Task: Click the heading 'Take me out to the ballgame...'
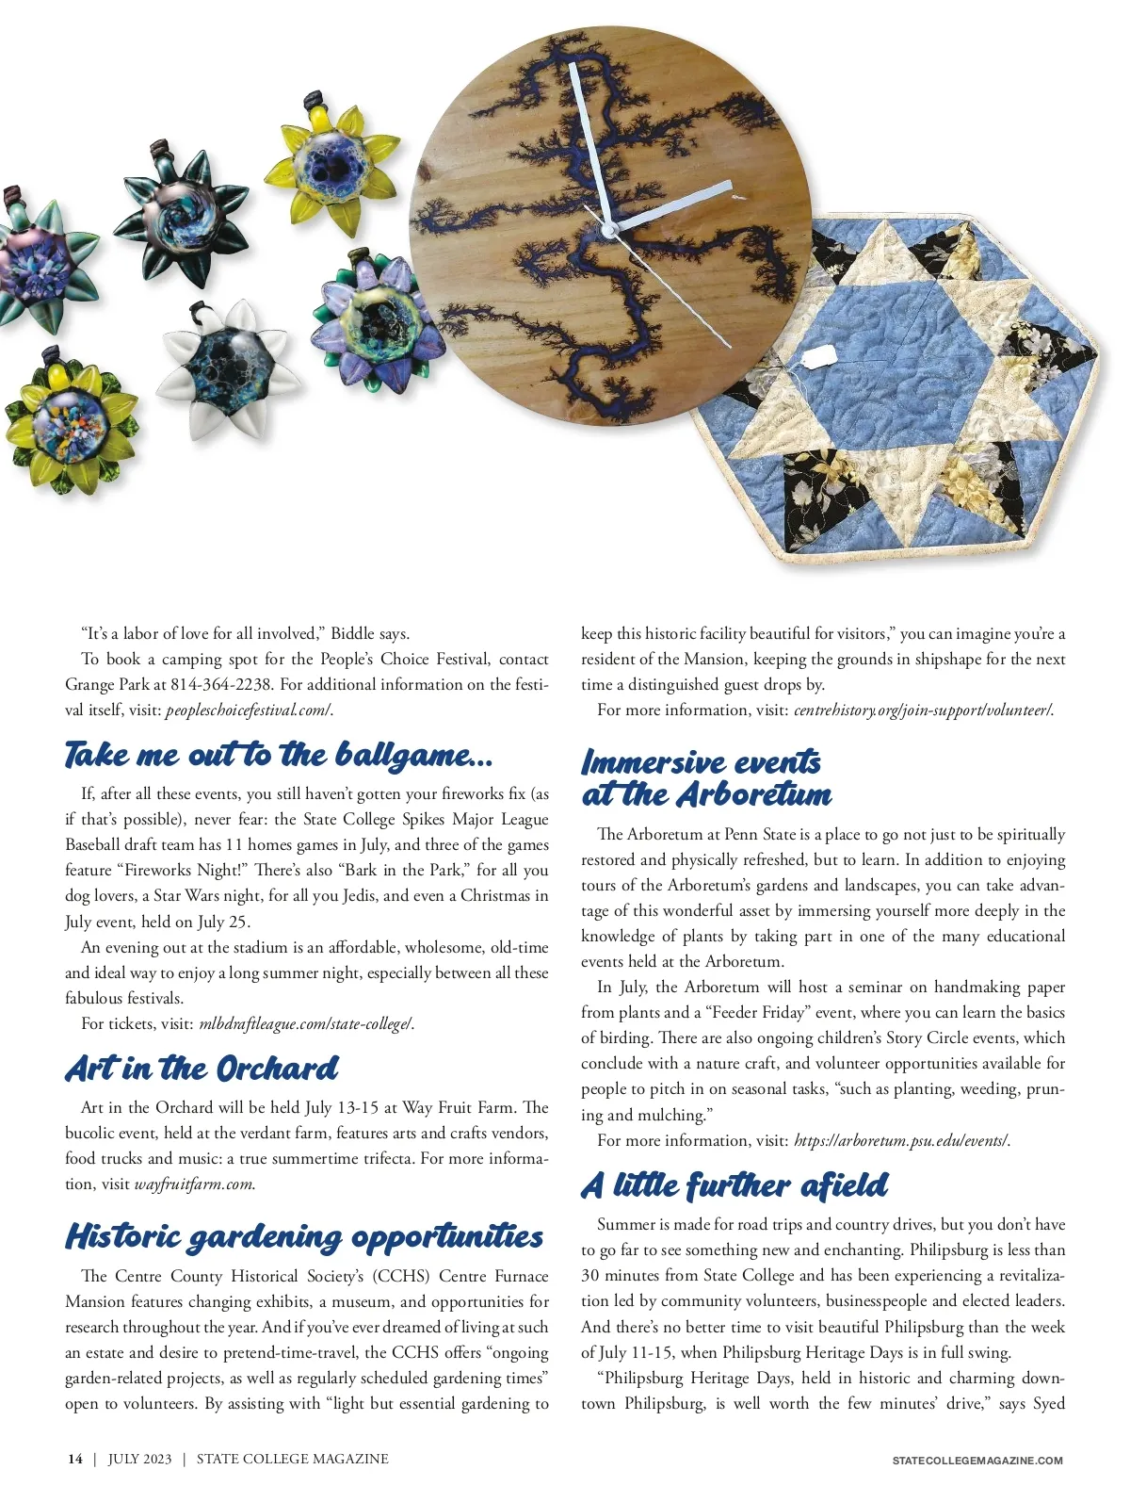click(279, 755)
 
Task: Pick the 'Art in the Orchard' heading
click(202, 1069)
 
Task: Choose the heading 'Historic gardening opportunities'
click(304, 1236)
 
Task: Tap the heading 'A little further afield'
click(734, 1185)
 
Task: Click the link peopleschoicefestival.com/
click(249, 710)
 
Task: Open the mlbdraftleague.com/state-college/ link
click(306, 1024)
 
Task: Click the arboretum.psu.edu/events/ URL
click(901, 1141)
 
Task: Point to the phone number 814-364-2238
click(221, 685)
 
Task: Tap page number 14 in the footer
click(75, 1460)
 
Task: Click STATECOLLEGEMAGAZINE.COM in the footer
click(977, 1461)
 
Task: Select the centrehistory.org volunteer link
click(923, 710)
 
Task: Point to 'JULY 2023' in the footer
click(140, 1460)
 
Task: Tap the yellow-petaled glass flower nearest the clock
click(332, 168)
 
